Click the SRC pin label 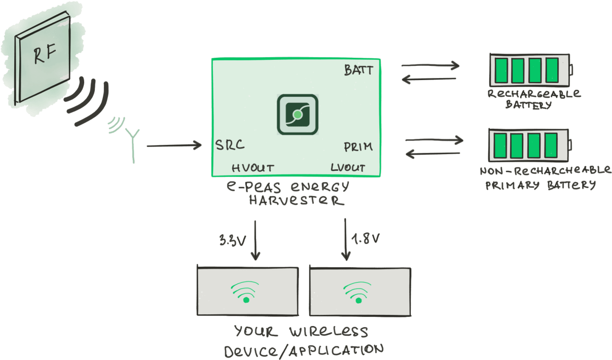(x=230, y=145)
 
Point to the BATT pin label (x=358, y=70)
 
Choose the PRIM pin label (x=358, y=147)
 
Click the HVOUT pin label (x=253, y=168)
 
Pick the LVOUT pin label (x=347, y=168)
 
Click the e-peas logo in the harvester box (x=297, y=115)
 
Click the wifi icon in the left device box (x=246, y=292)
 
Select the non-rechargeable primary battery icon (x=529, y=145)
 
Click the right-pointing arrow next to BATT (x=430, y=65)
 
